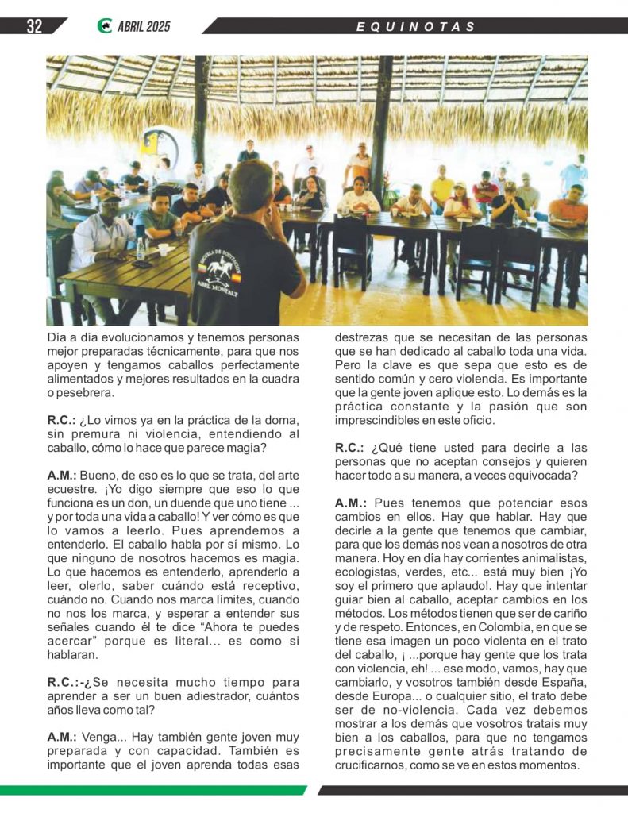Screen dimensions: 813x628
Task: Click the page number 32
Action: (34, 26)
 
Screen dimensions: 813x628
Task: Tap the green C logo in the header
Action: (104, 26)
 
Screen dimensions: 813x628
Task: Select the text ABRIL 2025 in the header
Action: (144, 27)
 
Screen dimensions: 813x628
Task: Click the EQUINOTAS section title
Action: (416, 27)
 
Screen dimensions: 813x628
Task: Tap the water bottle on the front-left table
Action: (141, 249)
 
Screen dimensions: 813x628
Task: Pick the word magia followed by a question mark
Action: (261, 447)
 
